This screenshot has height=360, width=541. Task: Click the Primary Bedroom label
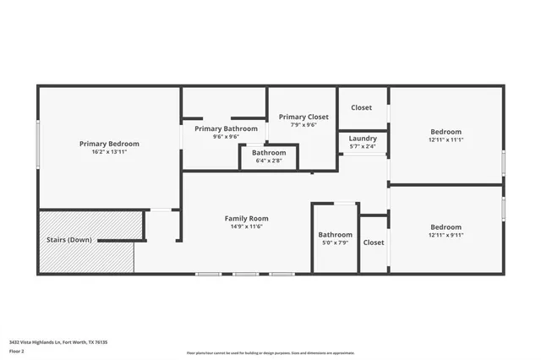(109, 144)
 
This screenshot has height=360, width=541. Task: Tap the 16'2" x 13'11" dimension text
(109, 152)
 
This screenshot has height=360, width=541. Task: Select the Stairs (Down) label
(68, 240)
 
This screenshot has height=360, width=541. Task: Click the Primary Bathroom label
(225, 128)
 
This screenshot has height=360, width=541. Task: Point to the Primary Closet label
(303, 117)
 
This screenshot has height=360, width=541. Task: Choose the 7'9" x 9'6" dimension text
(303, 125)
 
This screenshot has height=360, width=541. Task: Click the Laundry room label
(363, 138)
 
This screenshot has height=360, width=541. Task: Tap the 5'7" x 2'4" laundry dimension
(363, 145)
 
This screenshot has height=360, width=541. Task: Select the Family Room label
(246, 218)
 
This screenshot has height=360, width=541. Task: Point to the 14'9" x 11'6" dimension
(246, 226)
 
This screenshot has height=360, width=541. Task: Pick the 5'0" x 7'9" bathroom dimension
(335, 243)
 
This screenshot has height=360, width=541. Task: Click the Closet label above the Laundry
(362, 108)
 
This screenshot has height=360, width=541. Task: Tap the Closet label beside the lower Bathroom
(374, 243)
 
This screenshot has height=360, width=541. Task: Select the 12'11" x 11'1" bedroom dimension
(446, 139)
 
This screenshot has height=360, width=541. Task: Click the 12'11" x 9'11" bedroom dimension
(446, 235)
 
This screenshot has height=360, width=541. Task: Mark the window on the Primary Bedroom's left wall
(37, 147)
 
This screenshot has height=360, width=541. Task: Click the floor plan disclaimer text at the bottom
(270, 352)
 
